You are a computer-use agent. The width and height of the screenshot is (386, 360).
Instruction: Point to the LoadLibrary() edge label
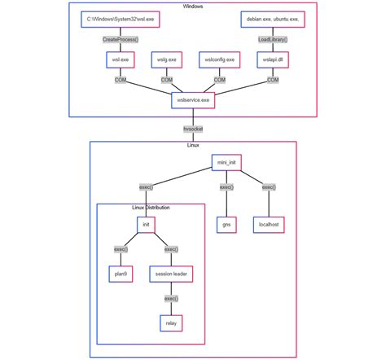(x=272, y=38)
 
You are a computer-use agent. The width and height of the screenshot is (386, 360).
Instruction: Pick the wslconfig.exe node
(x=219, y=59)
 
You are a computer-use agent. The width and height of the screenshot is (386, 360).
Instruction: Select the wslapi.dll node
(x=272, y=59)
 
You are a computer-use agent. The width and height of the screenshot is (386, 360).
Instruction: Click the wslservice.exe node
(x=193, y=100)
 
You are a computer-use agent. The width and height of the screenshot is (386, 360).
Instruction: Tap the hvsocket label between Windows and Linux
(x=193, y=128)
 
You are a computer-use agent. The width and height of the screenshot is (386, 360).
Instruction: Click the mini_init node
(x=226, y=163)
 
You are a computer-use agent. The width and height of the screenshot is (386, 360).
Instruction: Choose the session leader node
(x=171, y=274)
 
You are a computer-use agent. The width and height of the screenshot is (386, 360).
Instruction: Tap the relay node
(x=171, y=323)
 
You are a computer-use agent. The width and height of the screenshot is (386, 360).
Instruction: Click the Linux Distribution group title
(x=151, y=208)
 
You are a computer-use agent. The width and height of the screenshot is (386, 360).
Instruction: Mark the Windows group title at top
(x=193, y=6)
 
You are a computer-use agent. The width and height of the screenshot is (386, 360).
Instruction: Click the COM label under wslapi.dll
(x=272, y=80)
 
